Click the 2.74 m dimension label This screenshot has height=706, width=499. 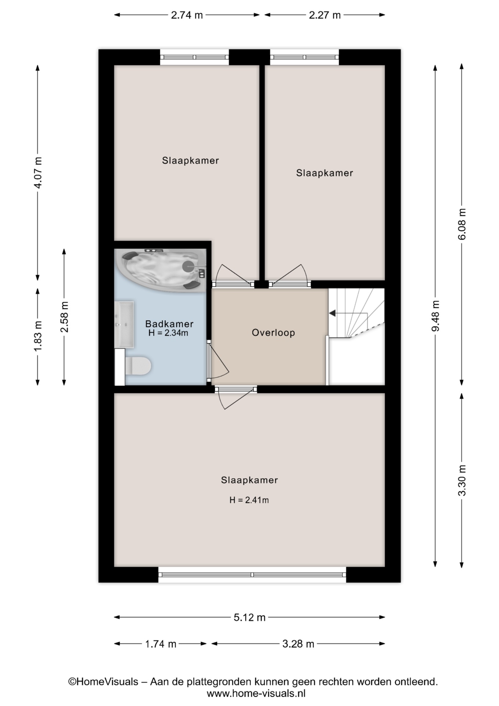click(187, 15)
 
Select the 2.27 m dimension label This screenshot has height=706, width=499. click(324, 15)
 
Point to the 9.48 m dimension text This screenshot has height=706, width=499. click(435, 315)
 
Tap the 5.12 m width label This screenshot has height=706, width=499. click(249, 617)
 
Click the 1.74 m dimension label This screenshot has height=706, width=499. click(160, 644)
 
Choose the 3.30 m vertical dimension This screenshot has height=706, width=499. click(462, 480)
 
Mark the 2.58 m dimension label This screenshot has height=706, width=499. click(64, 317)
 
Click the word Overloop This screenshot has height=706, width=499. click(273, 333)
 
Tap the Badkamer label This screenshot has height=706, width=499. click(169, 324)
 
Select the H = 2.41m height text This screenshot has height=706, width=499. click(249, 500)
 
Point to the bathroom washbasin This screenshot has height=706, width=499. click(124, 324)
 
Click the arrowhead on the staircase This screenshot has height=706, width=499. click(333, 313)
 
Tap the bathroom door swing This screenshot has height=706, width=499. click(218, 362)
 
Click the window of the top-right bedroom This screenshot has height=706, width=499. click(304, 57)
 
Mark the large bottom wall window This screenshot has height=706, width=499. click(252, 574)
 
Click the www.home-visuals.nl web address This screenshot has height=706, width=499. click(256, 694)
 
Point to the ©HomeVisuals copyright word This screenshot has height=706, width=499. click(103, 682)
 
